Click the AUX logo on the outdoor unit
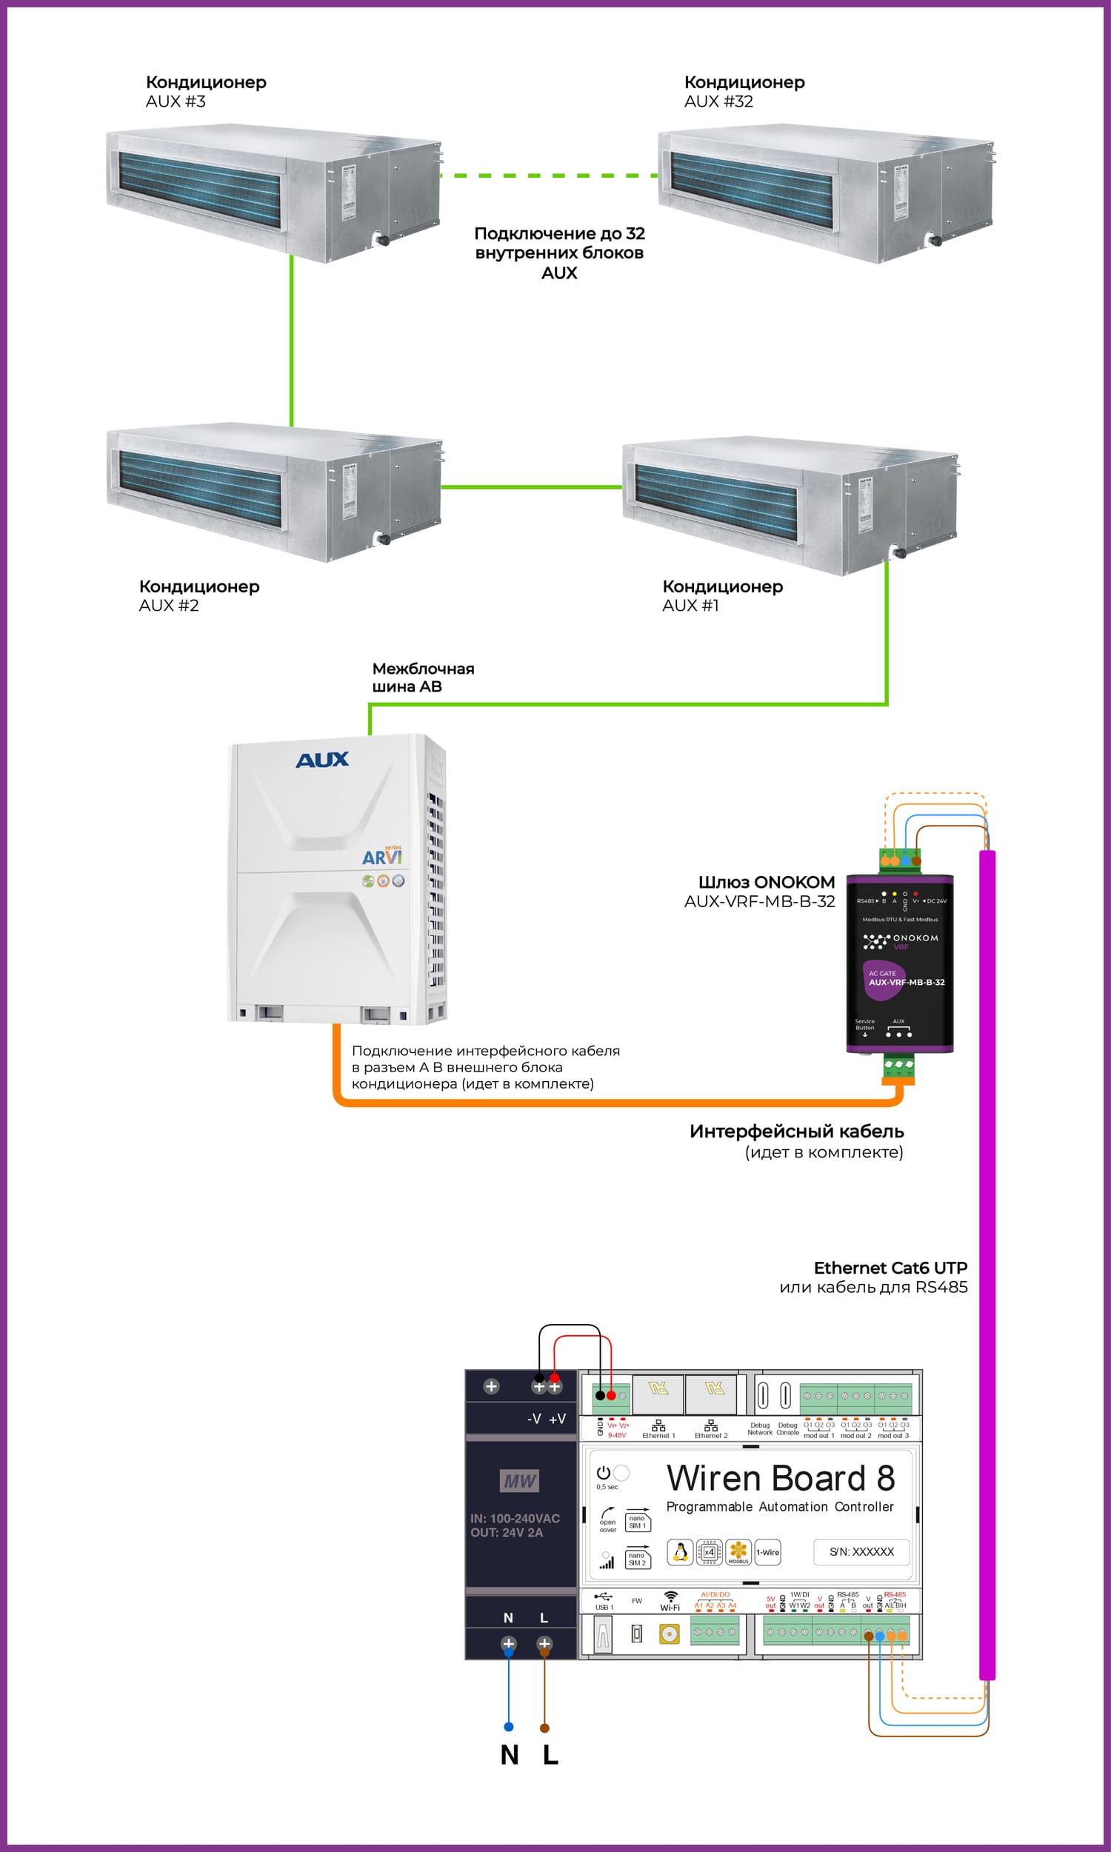click(x=322, y=760)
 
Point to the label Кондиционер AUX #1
click(x=721, y=595)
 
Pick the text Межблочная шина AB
click(x=423, y=678)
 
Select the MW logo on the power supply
click(x=519, y=1481)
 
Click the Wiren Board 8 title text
click(x=780, y=1478)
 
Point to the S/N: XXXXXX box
click(x=861, y=1552)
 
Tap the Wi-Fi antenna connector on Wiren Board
click(x=669, y=1634)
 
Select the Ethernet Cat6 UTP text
click(x=890, y=1268)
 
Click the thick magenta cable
click(x=987, y=1272)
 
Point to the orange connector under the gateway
click(x=898, y=1080)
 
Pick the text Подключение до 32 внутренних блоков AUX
click(x=559, y=253)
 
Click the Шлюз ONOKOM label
click(x=766, y=882)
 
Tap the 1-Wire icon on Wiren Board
click(x=767, y=1553)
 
